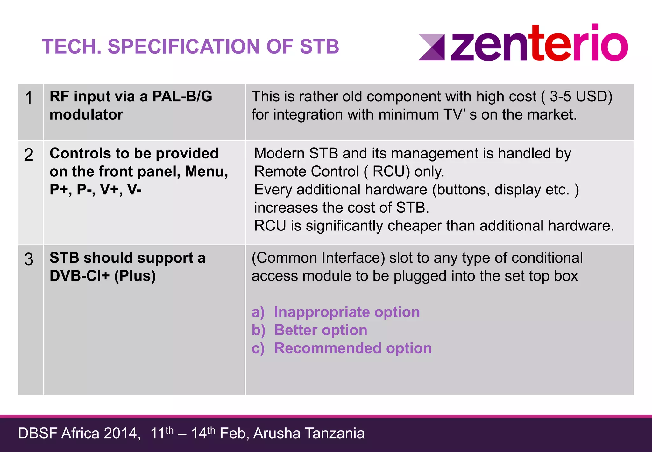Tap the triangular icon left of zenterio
click(432, 47)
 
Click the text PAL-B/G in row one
click(182, 96)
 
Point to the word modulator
click(86, 114)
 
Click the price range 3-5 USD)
click(581, 97)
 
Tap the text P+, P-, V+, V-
click(96, 189)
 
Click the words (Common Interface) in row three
click(318, 258)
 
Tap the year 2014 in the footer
click(122, 434)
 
